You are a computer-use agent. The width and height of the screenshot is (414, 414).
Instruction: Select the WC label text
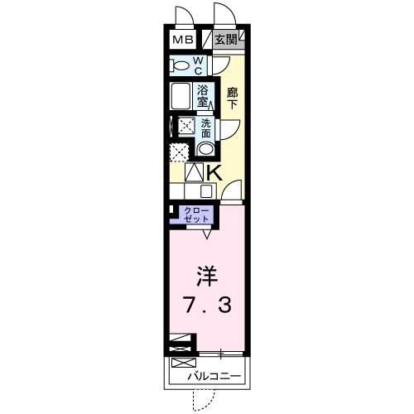[x=200, y=65]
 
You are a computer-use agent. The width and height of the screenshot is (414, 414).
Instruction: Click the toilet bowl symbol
[x=180, y=65]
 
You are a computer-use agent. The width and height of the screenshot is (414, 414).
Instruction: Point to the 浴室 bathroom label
[x=202, y=95]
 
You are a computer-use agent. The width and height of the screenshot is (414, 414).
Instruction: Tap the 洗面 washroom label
[x=206, y=128]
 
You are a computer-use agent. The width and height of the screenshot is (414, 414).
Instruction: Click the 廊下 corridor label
[x=233, y=98]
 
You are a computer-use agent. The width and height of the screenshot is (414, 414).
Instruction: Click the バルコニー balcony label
[x=214, y=377]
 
